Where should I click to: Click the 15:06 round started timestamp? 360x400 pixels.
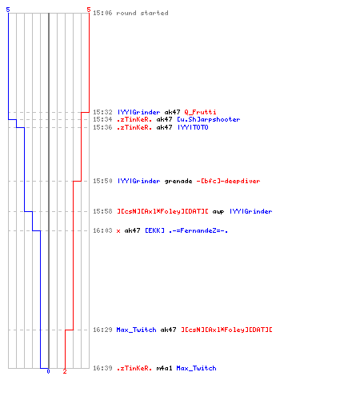point(102,13)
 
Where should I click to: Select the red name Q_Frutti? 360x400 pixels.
point(200,112)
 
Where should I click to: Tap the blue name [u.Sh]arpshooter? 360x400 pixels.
point(209,119)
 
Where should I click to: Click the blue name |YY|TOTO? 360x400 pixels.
point(193,127)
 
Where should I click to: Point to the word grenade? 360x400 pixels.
point(178,182)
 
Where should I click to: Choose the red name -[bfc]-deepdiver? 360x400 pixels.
point(228,181)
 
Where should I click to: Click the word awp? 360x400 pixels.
point(218,212)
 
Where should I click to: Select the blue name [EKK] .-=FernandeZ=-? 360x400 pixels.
point(186,230)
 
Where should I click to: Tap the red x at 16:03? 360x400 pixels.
point(118,231)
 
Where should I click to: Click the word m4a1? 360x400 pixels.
point(164,368)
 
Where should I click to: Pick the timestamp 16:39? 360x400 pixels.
point(102,368)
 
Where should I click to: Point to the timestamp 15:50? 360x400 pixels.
point(102,181)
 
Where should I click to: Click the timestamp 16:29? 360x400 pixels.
point(102,330)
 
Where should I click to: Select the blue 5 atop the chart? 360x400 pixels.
point(8,10)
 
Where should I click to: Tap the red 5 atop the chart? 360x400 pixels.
point(89,10)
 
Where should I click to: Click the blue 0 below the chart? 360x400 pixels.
point(48,371)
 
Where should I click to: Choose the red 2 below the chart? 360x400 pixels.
point(65,371)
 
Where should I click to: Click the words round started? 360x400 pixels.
point(142,13)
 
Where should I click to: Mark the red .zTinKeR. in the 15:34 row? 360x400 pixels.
point(134,119)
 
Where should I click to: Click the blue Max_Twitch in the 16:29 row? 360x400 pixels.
point(136,330)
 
